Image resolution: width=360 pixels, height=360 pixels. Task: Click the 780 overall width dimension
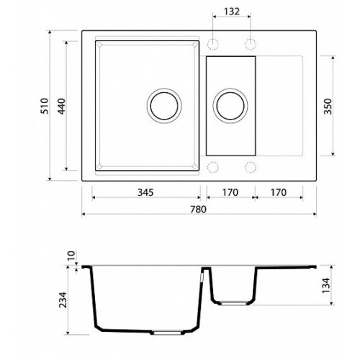click(198, 210)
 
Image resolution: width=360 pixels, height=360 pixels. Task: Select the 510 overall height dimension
click(45, 106)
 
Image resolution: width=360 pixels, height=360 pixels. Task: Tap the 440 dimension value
click(61, 106)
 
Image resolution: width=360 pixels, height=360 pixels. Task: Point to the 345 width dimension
click(145, 192)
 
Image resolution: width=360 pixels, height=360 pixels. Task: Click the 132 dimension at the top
click(232, 12)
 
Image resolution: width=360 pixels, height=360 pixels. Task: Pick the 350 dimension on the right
click(328, 106)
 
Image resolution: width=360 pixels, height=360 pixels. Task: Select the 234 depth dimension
click(63, 300)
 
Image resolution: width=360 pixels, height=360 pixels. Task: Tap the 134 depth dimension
click(326, 285)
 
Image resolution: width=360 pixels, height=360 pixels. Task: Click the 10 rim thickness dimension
click(71, 256)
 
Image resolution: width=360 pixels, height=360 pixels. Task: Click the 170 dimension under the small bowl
click(230, 192)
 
